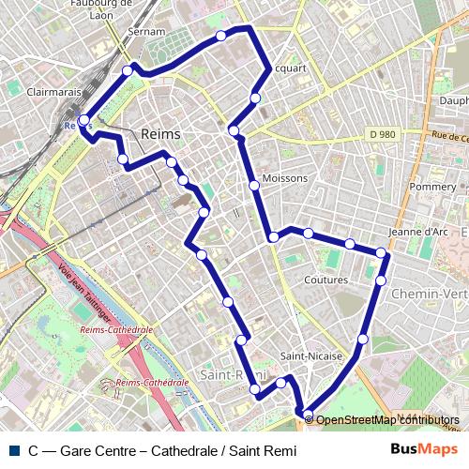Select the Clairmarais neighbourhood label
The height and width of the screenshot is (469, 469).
(54, 93)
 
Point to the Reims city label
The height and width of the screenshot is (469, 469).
(159, 135)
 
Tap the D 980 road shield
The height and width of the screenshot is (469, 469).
(382, 134)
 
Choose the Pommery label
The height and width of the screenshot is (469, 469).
(431, 187)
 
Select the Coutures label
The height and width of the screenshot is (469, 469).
(326, 280)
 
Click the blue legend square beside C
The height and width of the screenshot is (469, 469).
(12, 450)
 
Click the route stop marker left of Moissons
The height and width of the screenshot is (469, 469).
(254, 186)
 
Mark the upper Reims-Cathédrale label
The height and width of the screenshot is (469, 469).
(117, 330)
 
